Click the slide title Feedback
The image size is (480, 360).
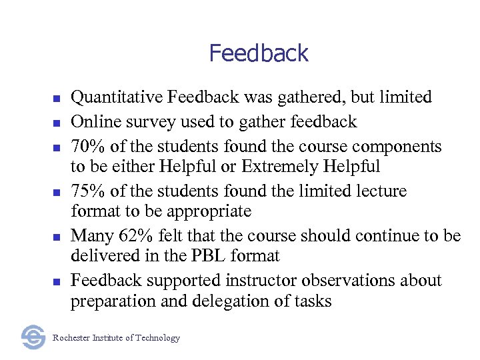coord(259,53)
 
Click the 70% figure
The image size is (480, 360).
coord(89,147)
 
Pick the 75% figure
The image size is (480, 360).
coord(89,191)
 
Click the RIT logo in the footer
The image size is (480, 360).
coord(33,337)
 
